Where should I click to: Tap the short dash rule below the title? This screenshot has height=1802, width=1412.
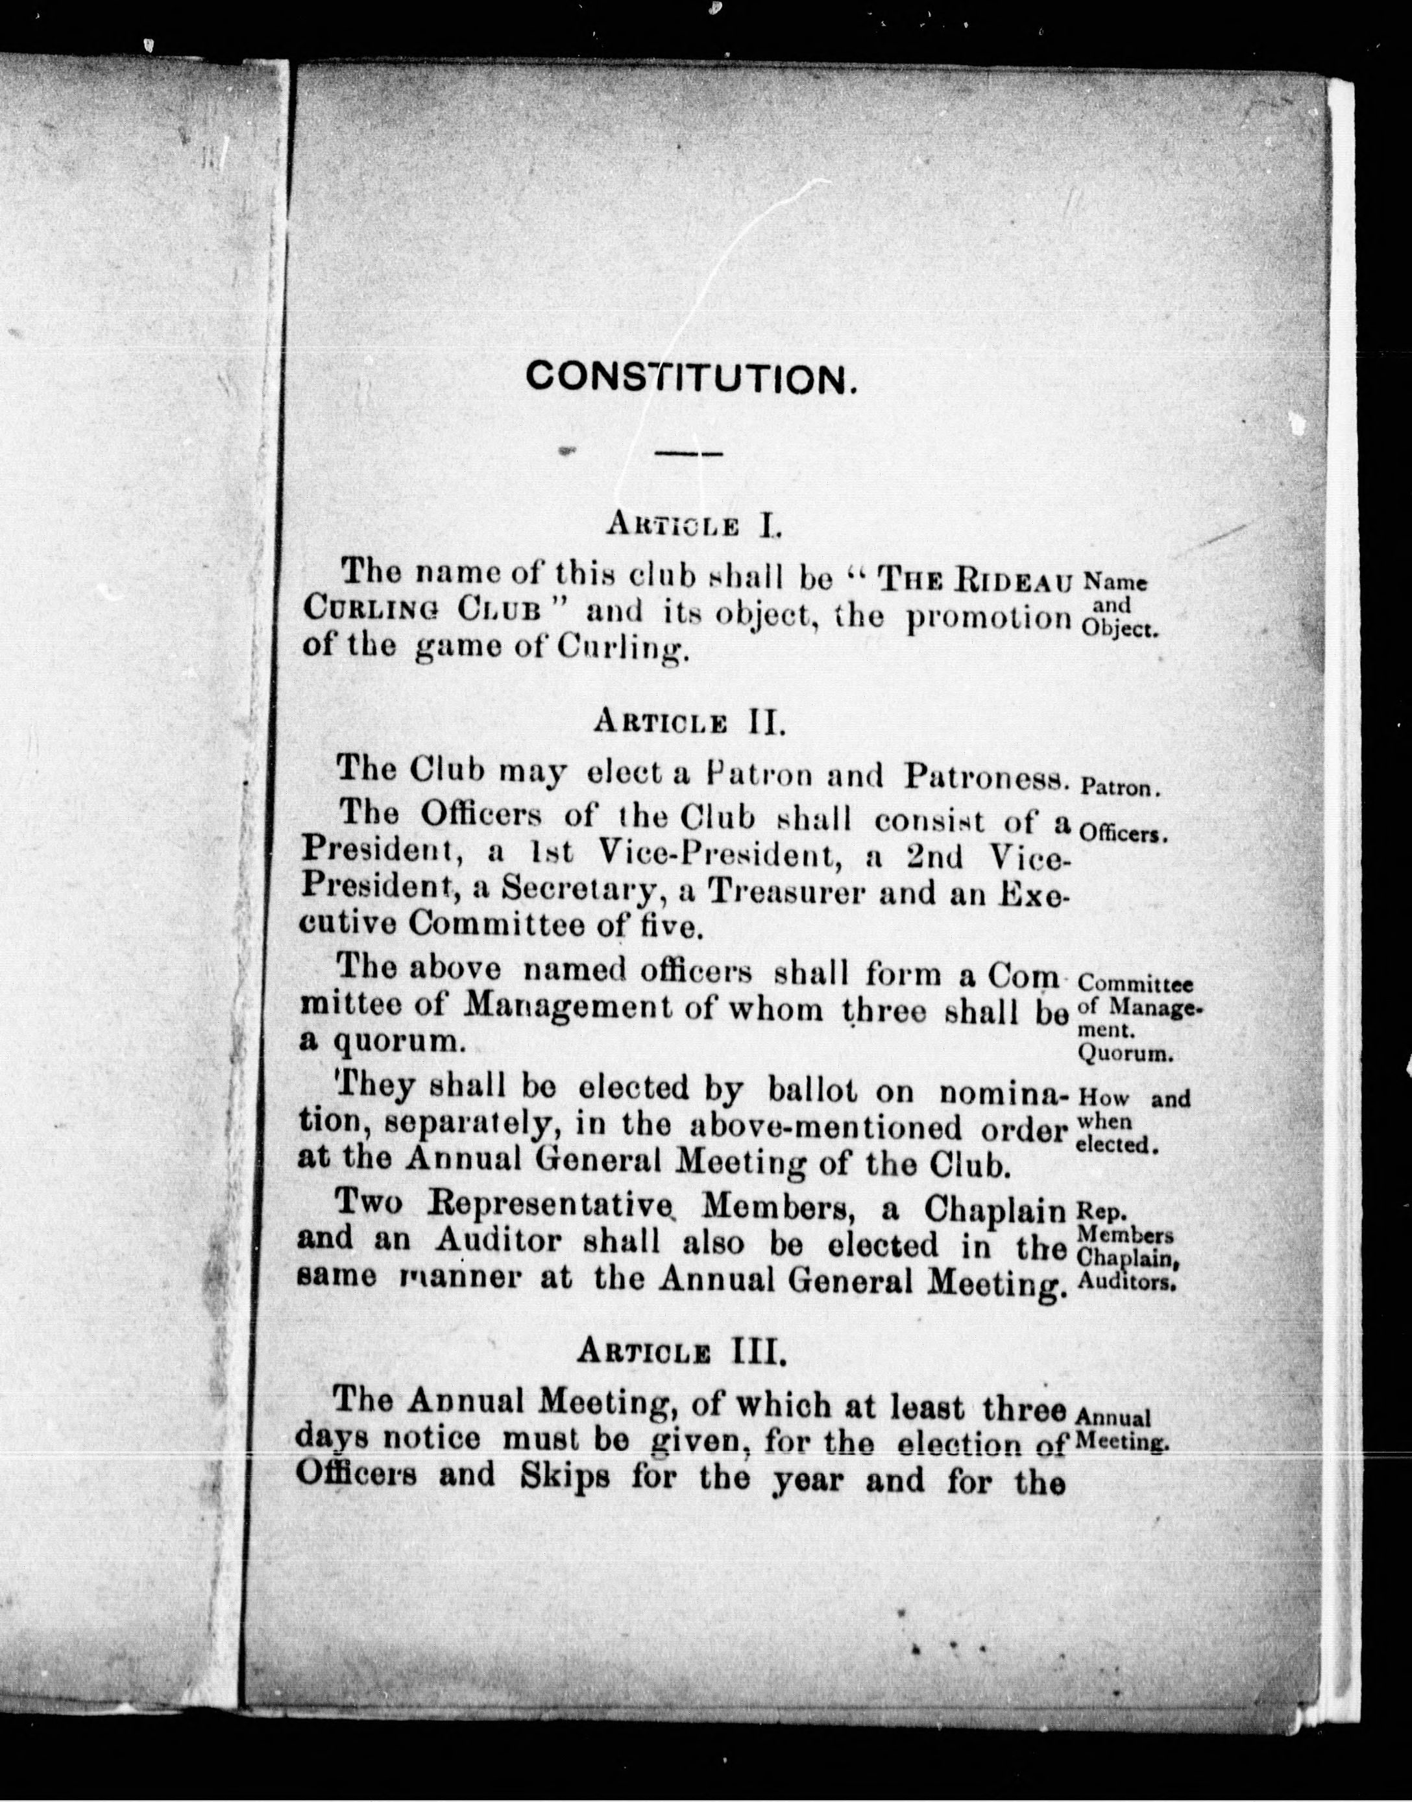coord(688,452)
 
